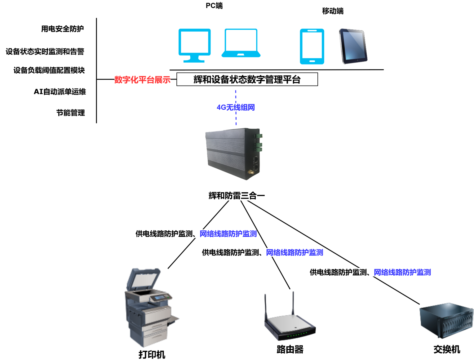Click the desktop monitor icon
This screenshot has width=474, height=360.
pyautogui.click(x=194, y=45)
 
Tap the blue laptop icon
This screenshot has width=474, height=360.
pyautogui.click(x=241, y=43)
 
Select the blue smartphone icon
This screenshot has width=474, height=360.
pyautogui.click(x=312, y=47)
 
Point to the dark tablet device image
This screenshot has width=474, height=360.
pyautogui.click(x=353, y=46)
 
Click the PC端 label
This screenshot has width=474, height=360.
pyautogui.click(x=214, y=6)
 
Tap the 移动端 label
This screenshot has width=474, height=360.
pyautogui.click(x=333, y=11)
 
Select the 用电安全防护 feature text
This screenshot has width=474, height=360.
pyautogui.click(x=63, y=29)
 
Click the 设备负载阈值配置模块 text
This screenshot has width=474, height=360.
pyautogui.click(x=49, y=70)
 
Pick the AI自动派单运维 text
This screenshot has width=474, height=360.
pyautogui.click(x=60, y=92)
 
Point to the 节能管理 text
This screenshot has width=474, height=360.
pyautogui.click(x=71, y=113)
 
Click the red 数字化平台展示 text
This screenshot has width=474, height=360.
pyautogui.click(x=142, y=80)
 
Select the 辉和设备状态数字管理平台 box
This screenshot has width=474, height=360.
pyautogui.click(x=247, y=79)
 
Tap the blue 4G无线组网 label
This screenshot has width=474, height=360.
pyautogui.click(x=236, y=107)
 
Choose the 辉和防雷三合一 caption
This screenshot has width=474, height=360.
pyautogui.click(x=237, y=196)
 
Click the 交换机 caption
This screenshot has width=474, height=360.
pyautogui.click(x=447, y=349)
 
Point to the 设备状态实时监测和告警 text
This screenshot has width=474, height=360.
pyautogui.click(x=45, y=51)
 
